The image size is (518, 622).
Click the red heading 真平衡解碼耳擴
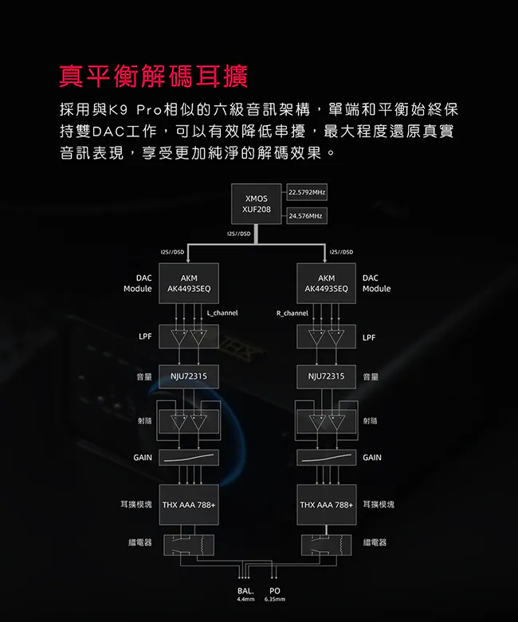point(153,77)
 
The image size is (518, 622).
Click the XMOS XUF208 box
point(257,203)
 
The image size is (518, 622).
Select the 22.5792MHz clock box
point(307,193)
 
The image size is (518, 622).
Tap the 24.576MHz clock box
point(306,216)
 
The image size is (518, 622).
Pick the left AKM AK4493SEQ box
point(188,283)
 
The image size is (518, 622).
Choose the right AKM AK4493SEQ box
point(326,283)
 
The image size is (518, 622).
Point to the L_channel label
point(222,313)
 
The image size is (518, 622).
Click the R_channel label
point(292,313)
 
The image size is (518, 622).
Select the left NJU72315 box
point(188,376)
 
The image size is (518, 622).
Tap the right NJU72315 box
point(326,376)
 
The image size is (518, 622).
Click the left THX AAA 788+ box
point(189,505)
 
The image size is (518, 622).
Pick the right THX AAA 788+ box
point(326,505)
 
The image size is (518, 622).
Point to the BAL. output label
point(245,591)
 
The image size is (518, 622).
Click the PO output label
point(274,591)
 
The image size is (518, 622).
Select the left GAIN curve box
point(188,458)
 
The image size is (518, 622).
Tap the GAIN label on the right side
point(371,458)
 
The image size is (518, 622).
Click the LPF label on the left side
point(145,337)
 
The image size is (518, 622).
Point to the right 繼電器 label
point(375,542)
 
